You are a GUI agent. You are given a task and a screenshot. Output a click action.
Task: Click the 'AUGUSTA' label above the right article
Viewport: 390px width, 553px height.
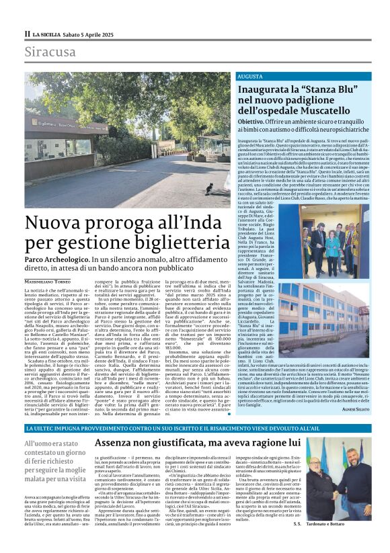(x=249, y=77)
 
